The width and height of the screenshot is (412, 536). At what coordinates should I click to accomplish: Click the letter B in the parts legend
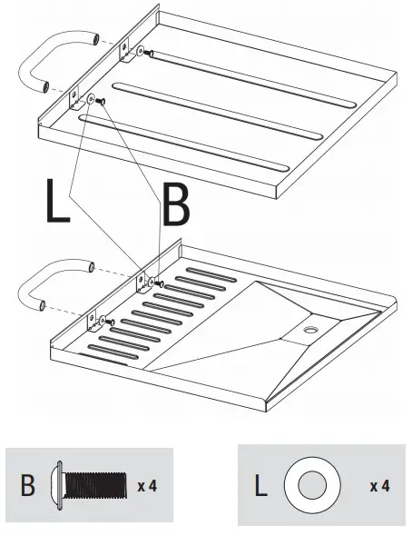[28, 485]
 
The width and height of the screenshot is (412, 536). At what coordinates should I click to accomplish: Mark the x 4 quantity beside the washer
[379, 486]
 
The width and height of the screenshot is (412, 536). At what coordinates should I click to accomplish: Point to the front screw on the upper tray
[102, 99]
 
